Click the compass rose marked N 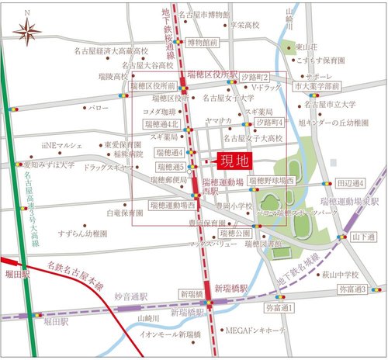(29, 31)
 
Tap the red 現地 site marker (233, 162)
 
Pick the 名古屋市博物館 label (204, 14)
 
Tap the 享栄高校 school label (242, 25)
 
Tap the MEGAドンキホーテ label (256, 330)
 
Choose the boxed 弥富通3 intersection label (353, 289)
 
